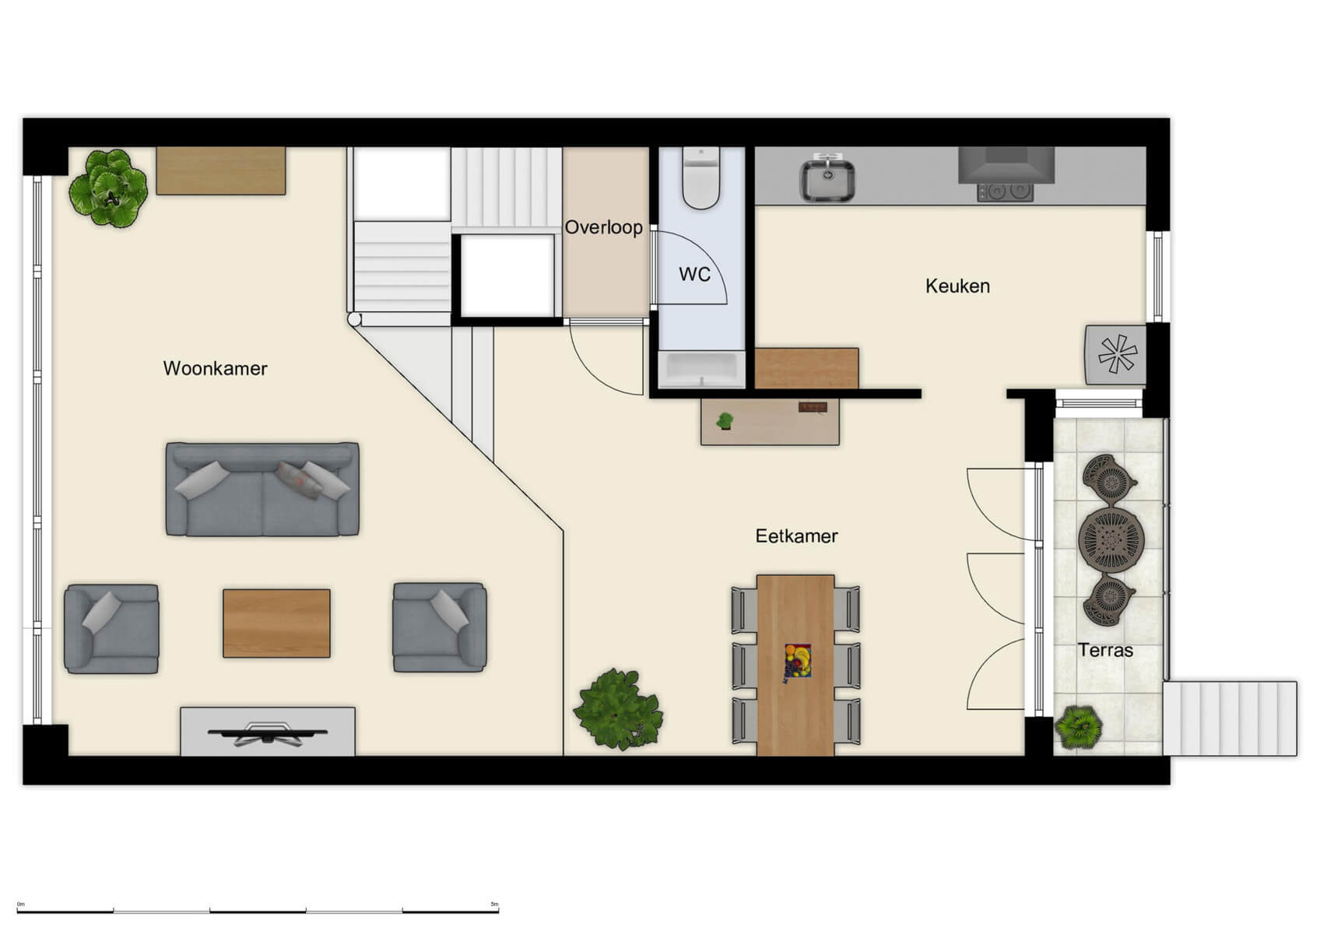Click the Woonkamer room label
(215, 368)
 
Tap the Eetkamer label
(796, 535)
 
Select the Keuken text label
(957, 286)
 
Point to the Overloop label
(603, 227)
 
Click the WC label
(694, 274)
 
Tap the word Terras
(1105, 650)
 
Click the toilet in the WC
(700, 179)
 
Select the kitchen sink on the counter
(828, 178)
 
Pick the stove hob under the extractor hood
(1005, 191)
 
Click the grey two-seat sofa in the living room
(262, 490)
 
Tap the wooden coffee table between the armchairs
(276, 623)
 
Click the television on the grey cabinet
(267, 733)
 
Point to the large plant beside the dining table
(618, 709)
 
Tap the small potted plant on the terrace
(1079, 727)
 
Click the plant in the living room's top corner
(108, 188)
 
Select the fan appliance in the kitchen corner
(1115, 355)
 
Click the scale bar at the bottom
(258, 910)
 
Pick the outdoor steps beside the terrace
(1230, 718)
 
